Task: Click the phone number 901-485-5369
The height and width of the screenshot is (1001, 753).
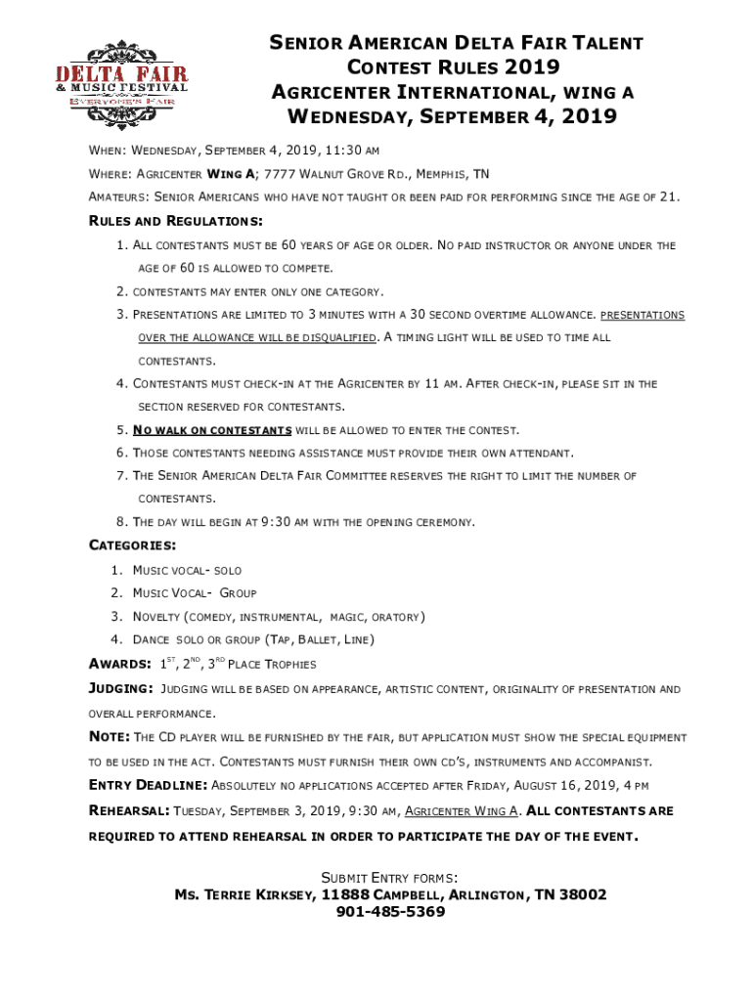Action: (x=390, y=912)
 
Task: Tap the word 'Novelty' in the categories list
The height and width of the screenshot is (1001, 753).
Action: (x=155, y=617)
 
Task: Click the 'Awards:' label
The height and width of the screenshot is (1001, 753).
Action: (x=120, y=665)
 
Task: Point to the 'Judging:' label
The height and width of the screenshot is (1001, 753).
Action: (x=121, y=689)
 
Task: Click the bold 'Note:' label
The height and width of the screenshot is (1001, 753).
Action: (x=110, y=737)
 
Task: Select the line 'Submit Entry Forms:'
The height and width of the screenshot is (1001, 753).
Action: (x=390, y=877)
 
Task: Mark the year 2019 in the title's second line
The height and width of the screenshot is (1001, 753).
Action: (x=533, y=67)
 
